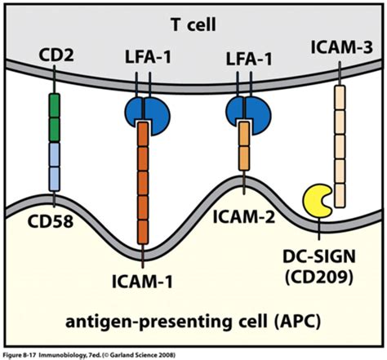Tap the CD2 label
[55, 56]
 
